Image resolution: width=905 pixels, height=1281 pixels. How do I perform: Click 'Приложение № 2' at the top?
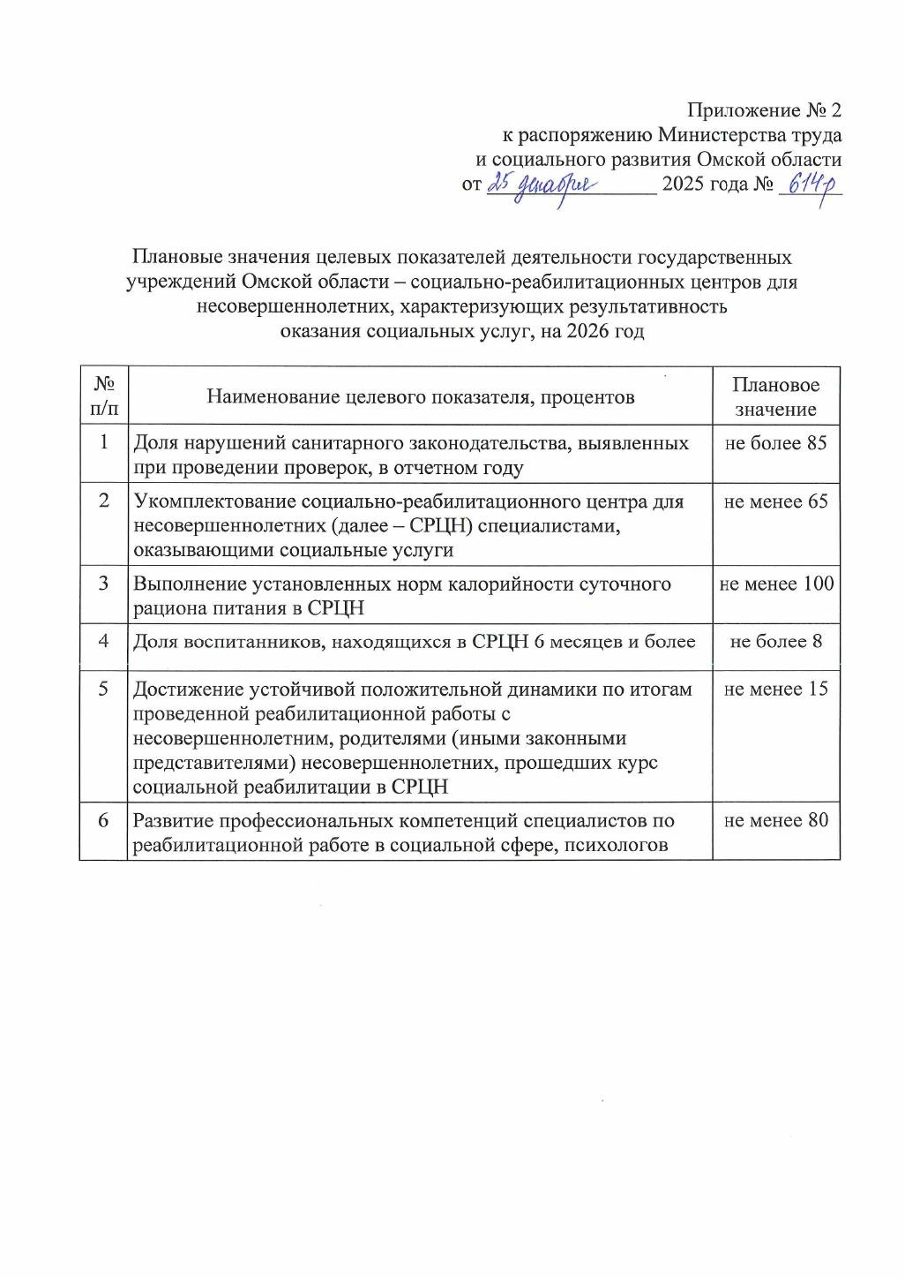point(765,111)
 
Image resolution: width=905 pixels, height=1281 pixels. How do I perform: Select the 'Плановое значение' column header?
point(775,396)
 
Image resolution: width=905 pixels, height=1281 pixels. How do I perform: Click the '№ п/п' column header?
point(103,396)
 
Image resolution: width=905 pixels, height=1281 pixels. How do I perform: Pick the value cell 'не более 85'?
point(775,443)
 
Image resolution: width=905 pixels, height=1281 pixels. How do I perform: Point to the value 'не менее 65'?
point(775,501)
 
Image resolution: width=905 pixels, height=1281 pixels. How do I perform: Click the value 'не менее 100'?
point(776,584)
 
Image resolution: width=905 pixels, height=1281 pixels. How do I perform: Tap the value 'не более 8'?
point(775,642)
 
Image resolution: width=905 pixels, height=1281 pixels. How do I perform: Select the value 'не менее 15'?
point(775,689)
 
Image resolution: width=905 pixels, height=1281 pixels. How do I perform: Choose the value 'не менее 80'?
point(775,820)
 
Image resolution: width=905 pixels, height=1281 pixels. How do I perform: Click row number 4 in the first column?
point(103,641)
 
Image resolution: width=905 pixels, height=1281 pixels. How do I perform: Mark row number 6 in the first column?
point(103,820)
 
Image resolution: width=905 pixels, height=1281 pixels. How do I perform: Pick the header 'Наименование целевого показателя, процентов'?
point(420,396)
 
